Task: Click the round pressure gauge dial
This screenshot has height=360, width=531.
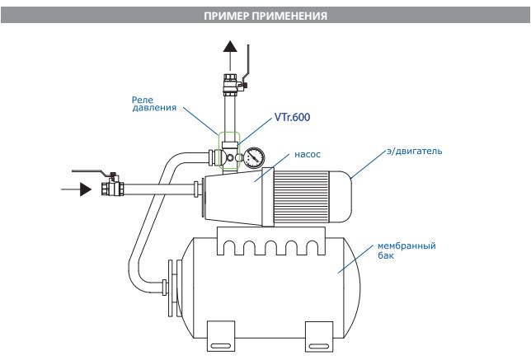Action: click(x=255, y=157)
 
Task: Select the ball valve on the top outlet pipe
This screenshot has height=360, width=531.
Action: click(x=229, y=83)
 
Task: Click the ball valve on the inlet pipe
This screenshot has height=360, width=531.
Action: click(x=110, y=188)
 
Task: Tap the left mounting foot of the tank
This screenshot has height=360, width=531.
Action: click(x=216, y=334)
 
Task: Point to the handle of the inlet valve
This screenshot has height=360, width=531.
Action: click(x=92, y=172)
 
